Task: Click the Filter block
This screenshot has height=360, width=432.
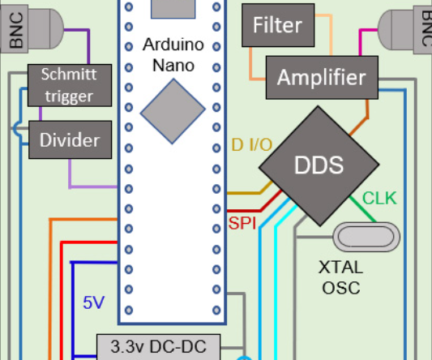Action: [276, 25]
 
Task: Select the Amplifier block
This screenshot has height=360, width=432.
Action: [321, 78]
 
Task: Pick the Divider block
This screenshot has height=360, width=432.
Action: [70, 139]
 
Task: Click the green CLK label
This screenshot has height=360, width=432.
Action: [379, 198]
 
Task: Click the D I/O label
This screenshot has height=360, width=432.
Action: [252, 145]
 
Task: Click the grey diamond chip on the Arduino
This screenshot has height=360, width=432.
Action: [172, 112]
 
